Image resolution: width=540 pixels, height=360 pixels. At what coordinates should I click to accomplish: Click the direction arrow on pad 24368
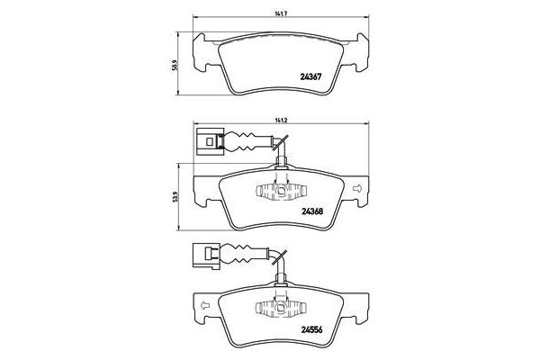358,189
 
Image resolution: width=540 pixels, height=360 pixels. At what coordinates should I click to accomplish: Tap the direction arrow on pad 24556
204,304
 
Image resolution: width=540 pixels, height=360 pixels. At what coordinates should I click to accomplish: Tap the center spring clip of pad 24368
281,192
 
